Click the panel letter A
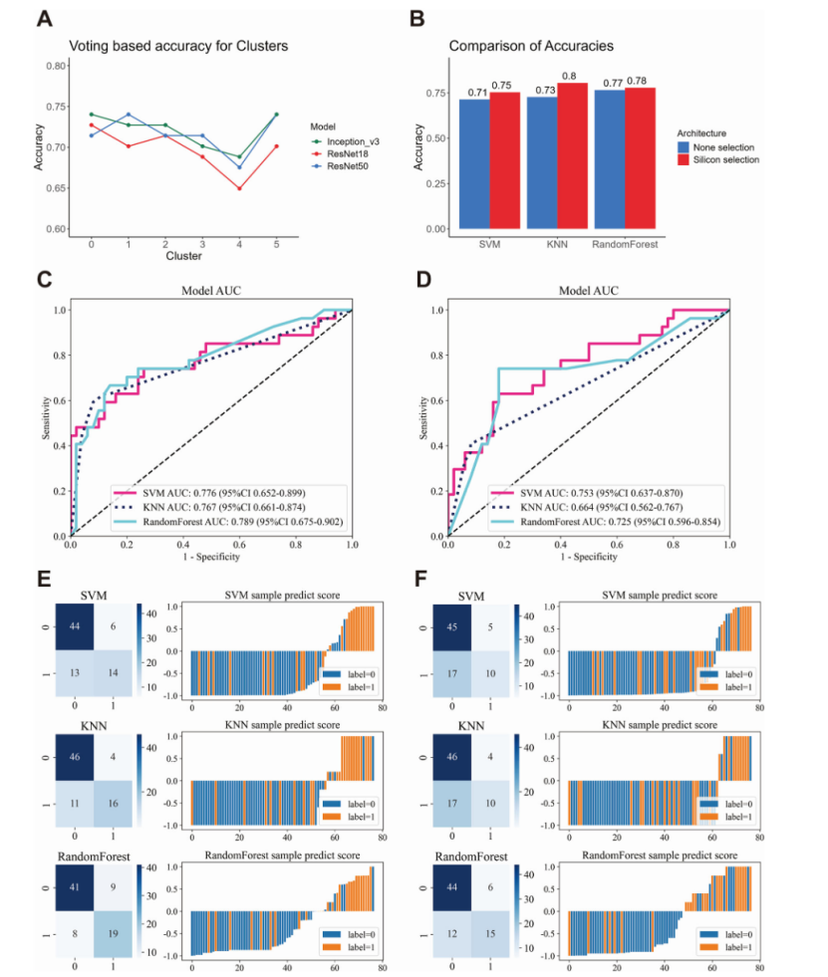(x=45, y=21)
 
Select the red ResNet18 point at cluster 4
(x=239, y=188)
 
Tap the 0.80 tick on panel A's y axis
(x=57, y=66)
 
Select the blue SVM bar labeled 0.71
(x=474, y=164)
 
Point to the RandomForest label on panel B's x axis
(x=625, y=242)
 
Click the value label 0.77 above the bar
(x=608, y=84)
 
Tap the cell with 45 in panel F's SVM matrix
(x=452, y=627)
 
